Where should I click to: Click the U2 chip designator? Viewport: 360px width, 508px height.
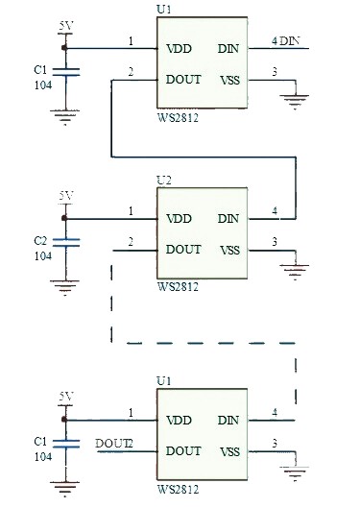click(x=163, y=180)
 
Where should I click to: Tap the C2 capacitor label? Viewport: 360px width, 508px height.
click(x=40, y=240)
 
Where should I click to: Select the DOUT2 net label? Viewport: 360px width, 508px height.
click(x=115, y=443)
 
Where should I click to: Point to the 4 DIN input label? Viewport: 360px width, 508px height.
click(x=286, y=41)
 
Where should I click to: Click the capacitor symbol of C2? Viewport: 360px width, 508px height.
click(x=65, y=242)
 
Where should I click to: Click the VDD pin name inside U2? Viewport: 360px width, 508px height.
click(x=180, y=219)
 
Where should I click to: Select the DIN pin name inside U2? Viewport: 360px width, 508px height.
click(x=228, y=219)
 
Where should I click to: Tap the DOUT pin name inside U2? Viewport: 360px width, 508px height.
click(x=183, y=250)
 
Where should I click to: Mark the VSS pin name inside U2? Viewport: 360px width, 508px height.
click(x=229, y=250)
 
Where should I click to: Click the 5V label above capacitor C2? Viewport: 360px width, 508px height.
click(x=65, y=196)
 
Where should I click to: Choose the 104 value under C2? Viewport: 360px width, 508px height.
click(x=42, y=255)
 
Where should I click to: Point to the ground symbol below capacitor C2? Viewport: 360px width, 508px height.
click(x=65, y=284)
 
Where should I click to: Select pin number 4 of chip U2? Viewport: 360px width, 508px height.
click(x=275, y=211)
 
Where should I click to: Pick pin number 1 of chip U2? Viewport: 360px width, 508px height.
click(x=130, y=211)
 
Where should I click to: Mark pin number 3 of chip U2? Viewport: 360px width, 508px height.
click(x=275, y=242)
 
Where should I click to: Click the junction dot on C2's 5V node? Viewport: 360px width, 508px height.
click(x=65, y=219)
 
